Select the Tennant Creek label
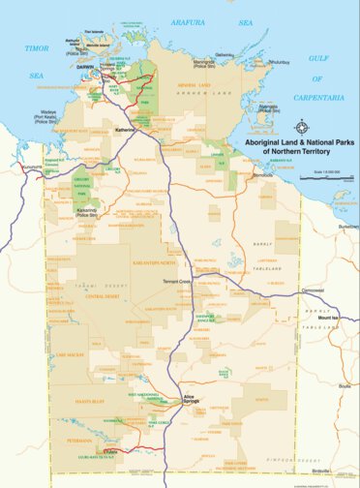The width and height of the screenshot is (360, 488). click(178, 281)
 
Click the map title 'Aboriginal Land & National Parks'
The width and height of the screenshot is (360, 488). click(300, 142)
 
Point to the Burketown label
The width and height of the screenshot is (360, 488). click(346, 226)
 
